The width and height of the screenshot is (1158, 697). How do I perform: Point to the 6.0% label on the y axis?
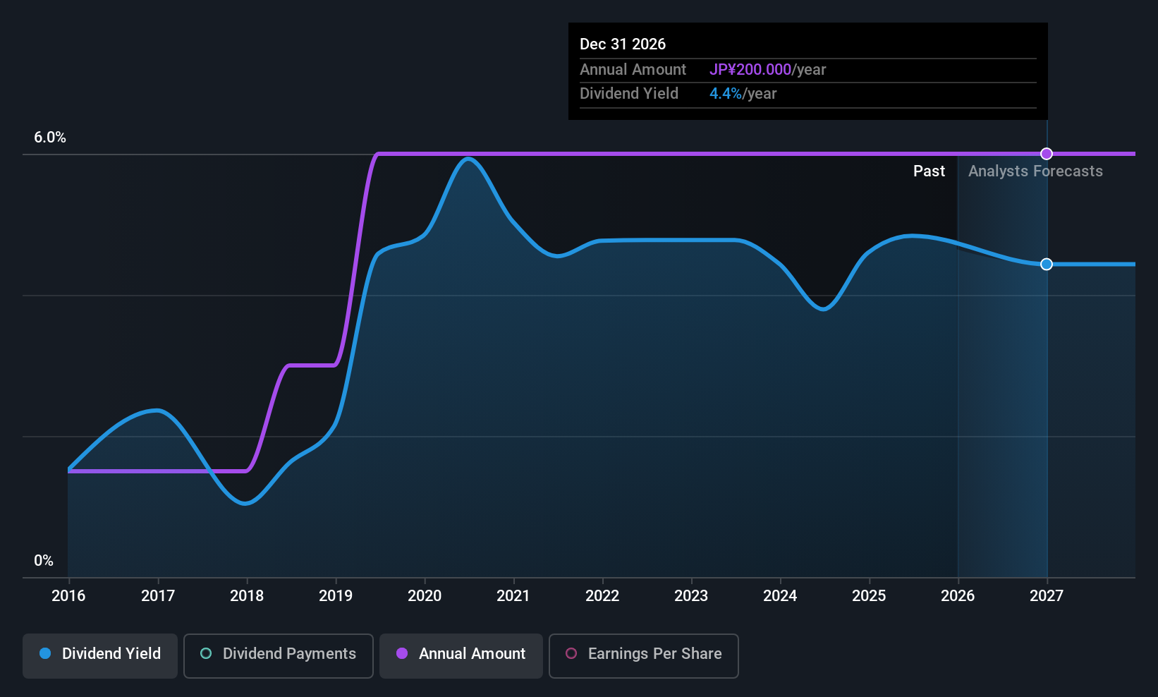50,138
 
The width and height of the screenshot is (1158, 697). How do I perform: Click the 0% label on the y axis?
44,561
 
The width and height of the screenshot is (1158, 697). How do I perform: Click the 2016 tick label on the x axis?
68,595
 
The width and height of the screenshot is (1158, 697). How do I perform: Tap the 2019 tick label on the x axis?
336,595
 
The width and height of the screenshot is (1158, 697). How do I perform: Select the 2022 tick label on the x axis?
602,595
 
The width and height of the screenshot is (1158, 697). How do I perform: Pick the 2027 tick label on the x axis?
1047,595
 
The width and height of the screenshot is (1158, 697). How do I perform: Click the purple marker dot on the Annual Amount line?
1047,154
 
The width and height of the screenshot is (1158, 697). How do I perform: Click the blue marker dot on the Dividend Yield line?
1047,265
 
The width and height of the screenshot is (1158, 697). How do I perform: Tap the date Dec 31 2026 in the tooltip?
623,44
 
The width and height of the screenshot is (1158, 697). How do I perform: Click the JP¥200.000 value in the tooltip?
750,69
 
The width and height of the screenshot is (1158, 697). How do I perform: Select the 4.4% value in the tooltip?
725,94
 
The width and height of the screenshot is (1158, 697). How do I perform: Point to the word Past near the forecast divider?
929,171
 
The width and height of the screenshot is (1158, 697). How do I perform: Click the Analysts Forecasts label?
1035,171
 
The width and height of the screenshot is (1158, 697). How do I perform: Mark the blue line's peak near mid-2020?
468,158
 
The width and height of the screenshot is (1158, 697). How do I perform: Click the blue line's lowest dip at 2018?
245,503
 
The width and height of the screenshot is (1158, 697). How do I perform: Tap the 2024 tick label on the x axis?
780,595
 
